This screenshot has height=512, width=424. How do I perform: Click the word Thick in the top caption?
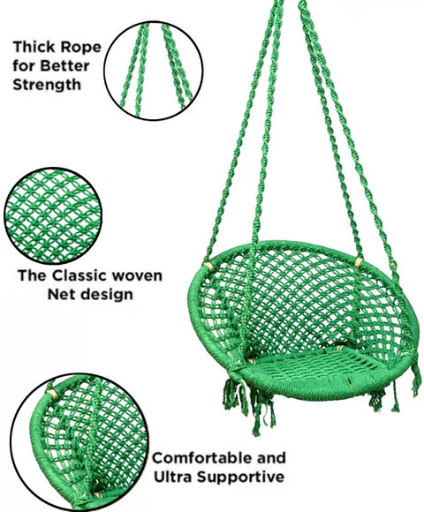34,47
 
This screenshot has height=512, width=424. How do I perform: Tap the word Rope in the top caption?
81,48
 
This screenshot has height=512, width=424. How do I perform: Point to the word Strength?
47,85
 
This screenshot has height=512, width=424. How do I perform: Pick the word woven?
137,276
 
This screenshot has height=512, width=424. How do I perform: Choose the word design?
107,295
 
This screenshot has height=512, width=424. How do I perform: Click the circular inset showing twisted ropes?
154,71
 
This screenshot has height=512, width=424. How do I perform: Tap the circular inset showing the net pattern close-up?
53,215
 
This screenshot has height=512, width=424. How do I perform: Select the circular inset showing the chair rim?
79,441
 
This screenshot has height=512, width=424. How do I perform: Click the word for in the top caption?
24,66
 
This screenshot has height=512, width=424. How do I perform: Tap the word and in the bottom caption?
271,458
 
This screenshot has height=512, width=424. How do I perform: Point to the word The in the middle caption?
32,275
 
